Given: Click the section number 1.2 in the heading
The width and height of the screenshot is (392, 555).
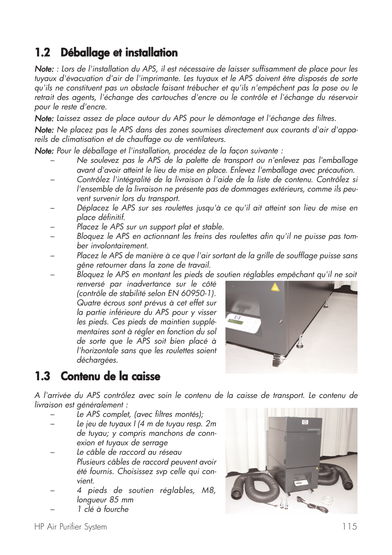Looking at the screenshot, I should click(42, 53).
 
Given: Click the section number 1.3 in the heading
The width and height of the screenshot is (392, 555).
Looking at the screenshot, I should click(42, 376).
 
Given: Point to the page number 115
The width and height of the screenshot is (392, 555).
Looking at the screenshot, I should click(349, 527).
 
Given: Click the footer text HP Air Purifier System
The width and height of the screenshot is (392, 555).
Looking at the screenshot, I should click(70, 527).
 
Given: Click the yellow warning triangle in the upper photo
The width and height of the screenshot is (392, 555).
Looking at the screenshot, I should click(275, 287).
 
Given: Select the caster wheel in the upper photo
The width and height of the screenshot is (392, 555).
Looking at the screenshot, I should click(274, 362).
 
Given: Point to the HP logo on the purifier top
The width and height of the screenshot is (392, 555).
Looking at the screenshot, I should click(304, 421).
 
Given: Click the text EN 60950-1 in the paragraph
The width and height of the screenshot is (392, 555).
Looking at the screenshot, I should click(191, 294).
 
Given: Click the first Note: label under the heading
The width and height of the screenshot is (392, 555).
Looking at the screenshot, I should click(44, 69).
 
